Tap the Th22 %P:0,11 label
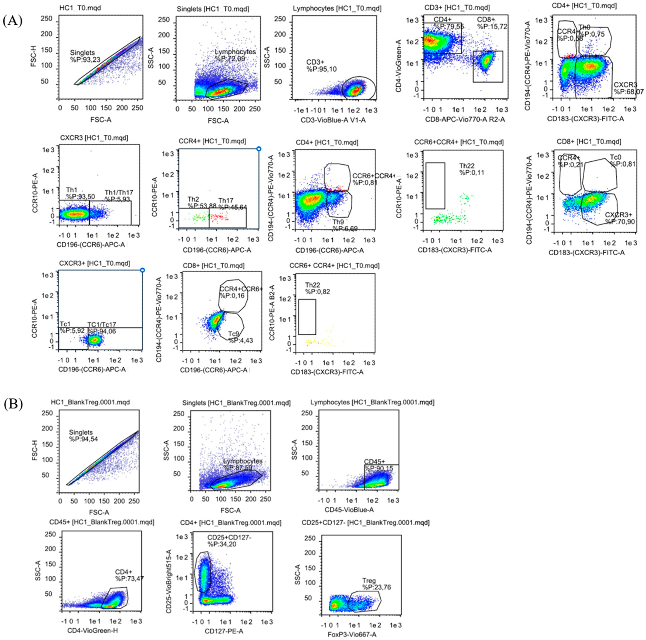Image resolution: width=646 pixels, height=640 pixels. click(x=471, y=169)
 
